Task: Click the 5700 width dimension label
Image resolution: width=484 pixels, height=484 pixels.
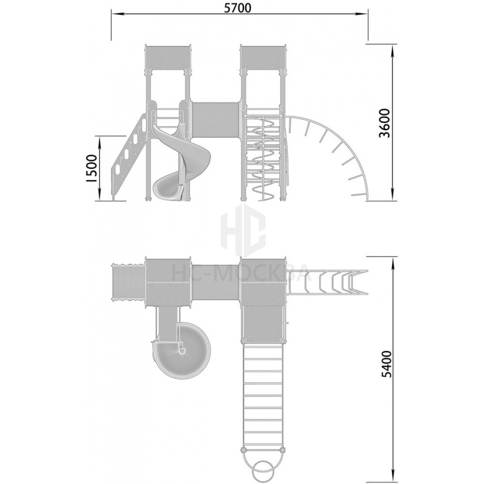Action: pos(238,8)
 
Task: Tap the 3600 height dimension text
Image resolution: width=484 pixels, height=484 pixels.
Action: pos(385,123)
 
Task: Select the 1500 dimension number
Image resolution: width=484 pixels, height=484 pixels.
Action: pos(92,169)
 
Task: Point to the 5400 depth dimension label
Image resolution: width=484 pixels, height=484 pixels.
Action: pos(386,364)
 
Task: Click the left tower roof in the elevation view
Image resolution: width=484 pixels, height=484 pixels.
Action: pos(168,57)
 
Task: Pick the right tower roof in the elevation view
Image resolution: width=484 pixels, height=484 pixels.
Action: pos(264,57)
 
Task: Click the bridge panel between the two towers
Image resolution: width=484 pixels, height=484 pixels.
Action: pos(216,120)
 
